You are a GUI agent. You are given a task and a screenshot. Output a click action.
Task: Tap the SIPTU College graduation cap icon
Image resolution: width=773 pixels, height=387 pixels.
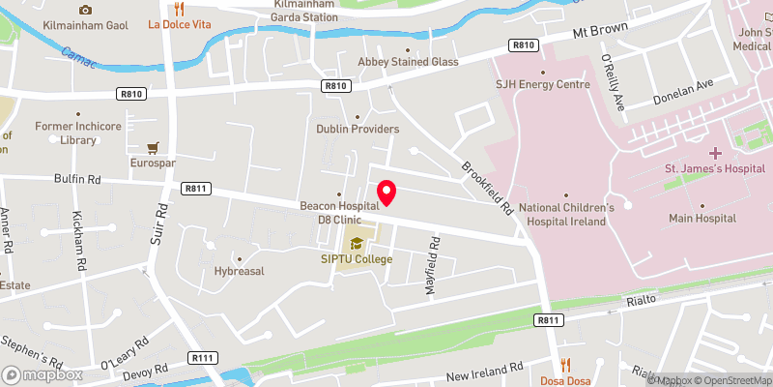click(x=357, y=242)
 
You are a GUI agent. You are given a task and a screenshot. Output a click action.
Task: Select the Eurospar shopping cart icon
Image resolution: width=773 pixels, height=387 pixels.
click(x=153, y=148)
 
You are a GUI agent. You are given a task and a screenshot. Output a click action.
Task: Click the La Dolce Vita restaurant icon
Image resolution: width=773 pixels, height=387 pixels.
click(x=179, y=9)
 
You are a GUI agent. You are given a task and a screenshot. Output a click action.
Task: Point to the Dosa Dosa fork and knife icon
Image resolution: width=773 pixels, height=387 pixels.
click(x=565, y=366)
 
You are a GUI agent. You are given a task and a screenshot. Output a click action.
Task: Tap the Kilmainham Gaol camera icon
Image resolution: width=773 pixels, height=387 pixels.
click(x=85, y=9)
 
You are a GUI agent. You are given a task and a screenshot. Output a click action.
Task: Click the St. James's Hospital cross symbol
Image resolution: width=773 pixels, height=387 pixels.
click(x=715, y=153)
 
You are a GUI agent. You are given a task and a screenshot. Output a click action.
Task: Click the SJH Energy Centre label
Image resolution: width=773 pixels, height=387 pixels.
click(x=543, y=84)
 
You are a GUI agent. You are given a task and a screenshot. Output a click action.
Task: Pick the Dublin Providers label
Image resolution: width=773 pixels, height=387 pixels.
click(x=358, y=129)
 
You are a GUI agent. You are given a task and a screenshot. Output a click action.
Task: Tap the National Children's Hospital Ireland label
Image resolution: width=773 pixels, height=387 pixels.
click(x=566, y=214)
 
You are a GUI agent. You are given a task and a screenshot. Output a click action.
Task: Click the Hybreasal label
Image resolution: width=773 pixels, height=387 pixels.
click(x=240, y=272)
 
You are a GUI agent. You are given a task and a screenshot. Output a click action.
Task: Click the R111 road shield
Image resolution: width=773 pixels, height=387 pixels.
click(x=203, y=359)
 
